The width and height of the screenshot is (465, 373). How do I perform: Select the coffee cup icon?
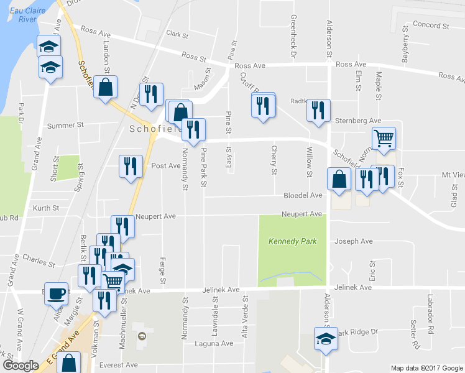coord(56,293)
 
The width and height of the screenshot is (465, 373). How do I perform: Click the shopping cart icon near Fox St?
coord(384,138)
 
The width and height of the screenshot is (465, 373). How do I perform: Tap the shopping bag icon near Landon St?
coord(106,88)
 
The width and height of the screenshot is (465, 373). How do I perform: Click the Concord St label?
coord(431,25)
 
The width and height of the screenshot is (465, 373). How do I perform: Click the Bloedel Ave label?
coord(303,195)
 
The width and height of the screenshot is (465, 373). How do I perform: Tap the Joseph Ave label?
coord(354,241)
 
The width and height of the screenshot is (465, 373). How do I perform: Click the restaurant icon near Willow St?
coord(318,110)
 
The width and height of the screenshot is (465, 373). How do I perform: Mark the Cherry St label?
coord(274,155)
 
